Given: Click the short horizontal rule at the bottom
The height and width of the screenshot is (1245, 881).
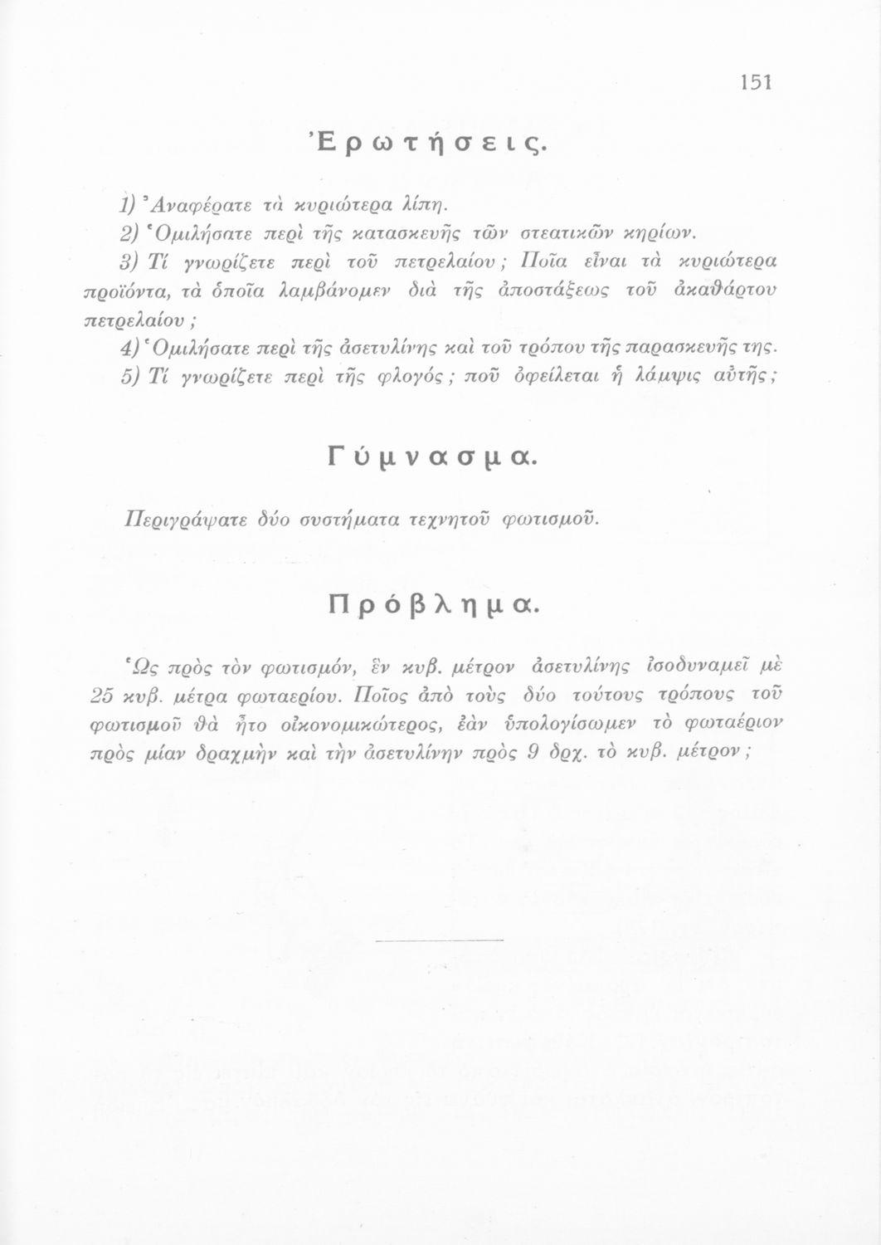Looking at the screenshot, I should click(440, 940).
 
